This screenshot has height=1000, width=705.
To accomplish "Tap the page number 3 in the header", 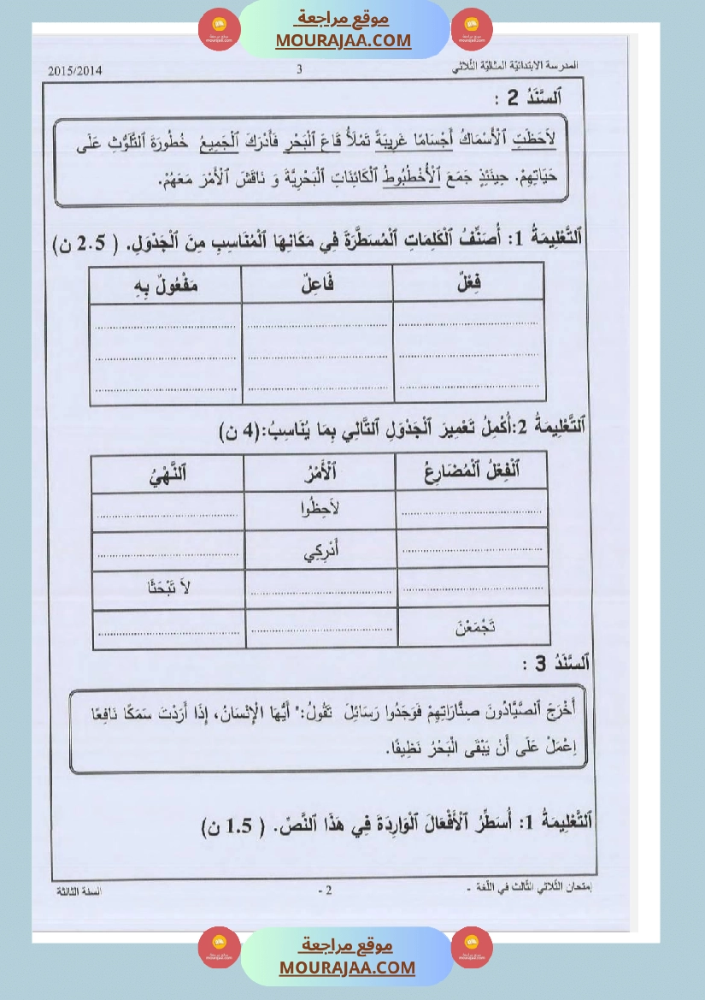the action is point(299,70).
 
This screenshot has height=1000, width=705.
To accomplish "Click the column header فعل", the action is point(468,283).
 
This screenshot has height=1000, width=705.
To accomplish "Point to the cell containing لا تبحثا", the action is point(167,589).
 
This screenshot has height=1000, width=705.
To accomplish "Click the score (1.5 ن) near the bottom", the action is point(226,827).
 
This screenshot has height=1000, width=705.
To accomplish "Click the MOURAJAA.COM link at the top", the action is point(344,40).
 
